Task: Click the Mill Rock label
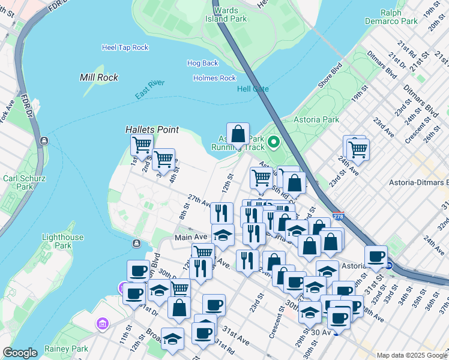point(99,77)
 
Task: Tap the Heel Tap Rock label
point(125,47)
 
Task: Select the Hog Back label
point(202,63)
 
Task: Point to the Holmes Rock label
point(214,78)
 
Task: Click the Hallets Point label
point(148,129)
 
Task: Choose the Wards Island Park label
point(231,14)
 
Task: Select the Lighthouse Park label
point(63,242)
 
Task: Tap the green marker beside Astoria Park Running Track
point(274,142)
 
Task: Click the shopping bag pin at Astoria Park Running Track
point(238,134)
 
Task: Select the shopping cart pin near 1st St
point(142,144)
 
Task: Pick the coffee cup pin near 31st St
point(376,256)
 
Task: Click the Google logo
point(20,353)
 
